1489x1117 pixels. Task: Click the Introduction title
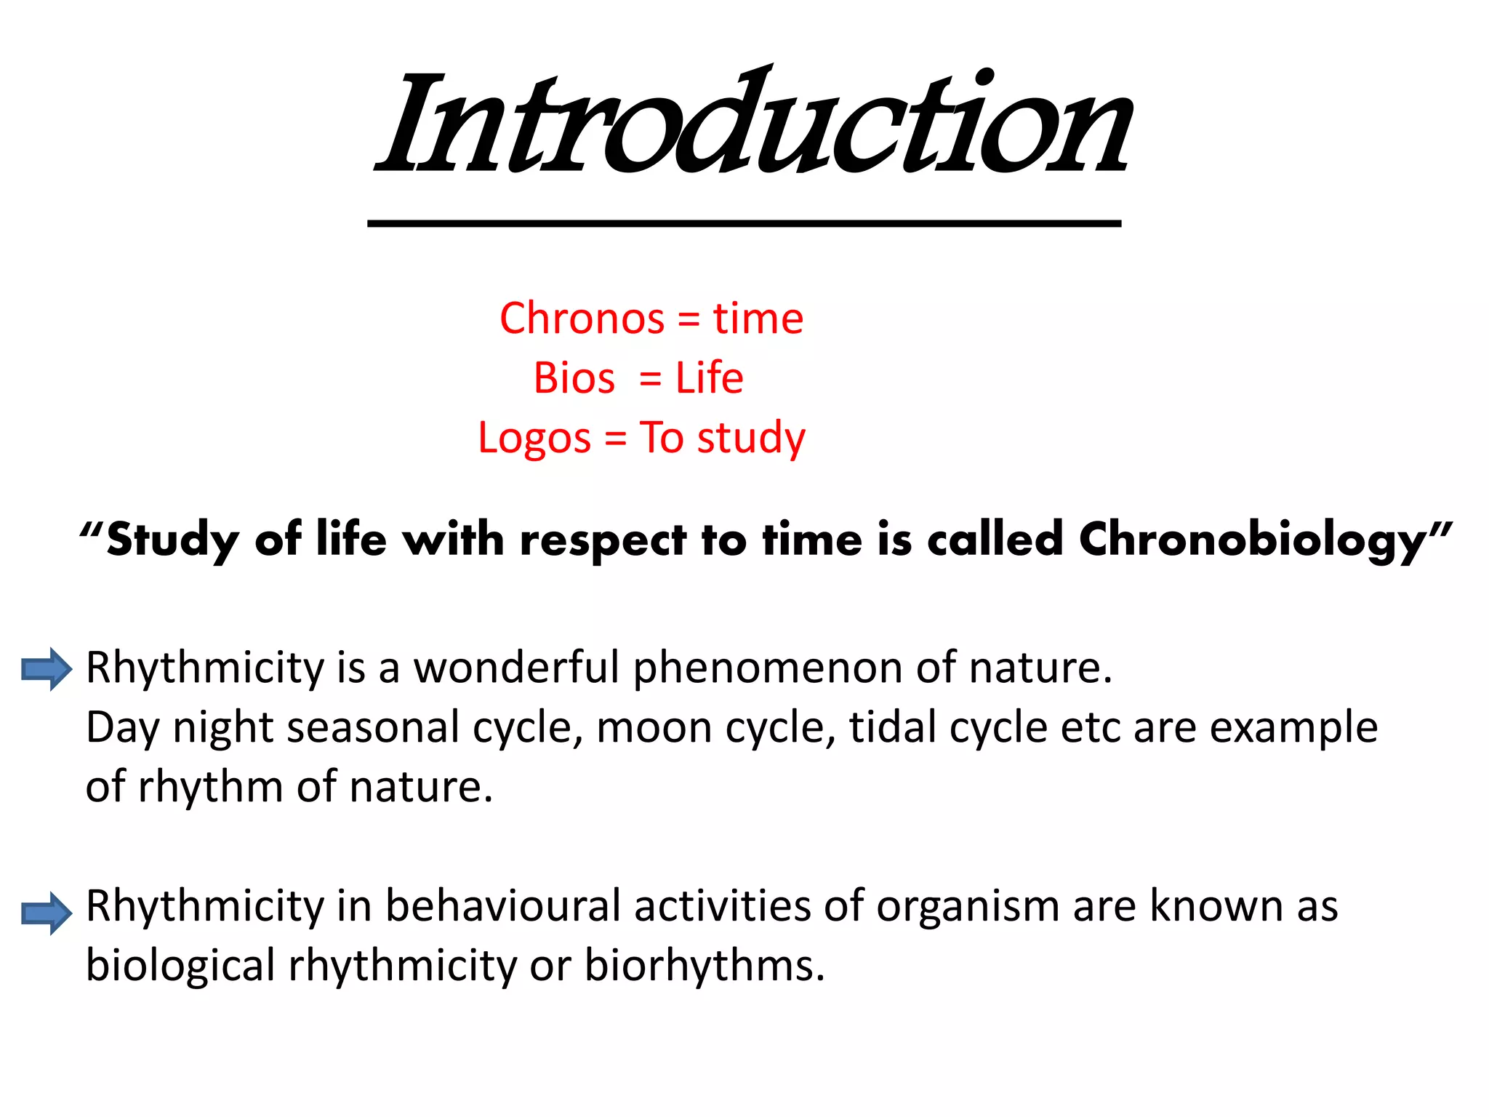click(x=752, y=124)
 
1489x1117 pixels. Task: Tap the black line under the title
click(x=744, y=223)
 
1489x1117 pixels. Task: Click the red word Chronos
click(x=582, y=319)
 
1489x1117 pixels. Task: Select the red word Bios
click(x=574, y=378)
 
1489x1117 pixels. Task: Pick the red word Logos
click(x=534, y=439)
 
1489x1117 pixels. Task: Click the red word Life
click(x=709, y=378)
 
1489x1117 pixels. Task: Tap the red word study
click(x=751, y=439)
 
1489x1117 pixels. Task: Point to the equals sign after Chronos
click(x=688, y=320)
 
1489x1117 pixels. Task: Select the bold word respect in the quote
click(x=603, y=541)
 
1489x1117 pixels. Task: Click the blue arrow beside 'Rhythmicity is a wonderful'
click(x=46, y=668)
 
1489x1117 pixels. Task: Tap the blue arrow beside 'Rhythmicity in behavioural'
click(x=46, y=913)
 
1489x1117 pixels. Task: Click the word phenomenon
click(x=767, y=668)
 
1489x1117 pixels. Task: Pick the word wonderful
click(x=516, y=667)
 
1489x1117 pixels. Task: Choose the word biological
click(x=180, y=966)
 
